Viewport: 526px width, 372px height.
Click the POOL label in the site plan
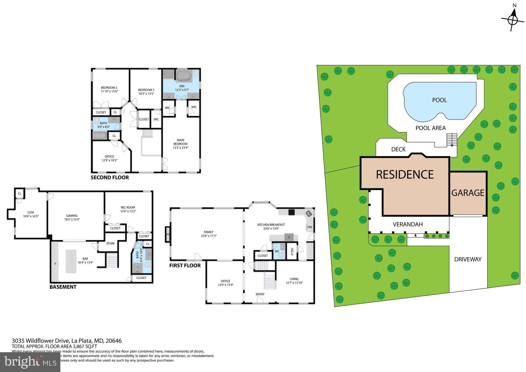(439, 100)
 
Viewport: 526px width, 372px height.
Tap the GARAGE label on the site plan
(468, 193)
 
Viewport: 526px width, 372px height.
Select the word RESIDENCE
(405, 175)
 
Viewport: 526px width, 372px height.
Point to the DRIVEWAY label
(468, 259)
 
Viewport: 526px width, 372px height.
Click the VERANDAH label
(408, 225)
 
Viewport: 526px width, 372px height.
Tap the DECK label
(398, 150)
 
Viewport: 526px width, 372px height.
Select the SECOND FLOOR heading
(110, 178)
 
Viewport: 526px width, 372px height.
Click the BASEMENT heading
(63, 287)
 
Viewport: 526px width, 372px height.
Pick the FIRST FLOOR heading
(185, 265)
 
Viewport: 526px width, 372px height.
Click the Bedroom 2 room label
(109, 88)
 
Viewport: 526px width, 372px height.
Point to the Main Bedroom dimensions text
(181, 148)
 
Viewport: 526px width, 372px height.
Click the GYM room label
(31, 212)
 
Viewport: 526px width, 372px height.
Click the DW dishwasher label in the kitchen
(310, 227)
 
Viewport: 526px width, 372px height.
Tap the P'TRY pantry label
(292, 251)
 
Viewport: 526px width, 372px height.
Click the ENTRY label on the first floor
(260, 294)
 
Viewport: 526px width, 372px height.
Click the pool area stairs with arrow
(452, 140)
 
